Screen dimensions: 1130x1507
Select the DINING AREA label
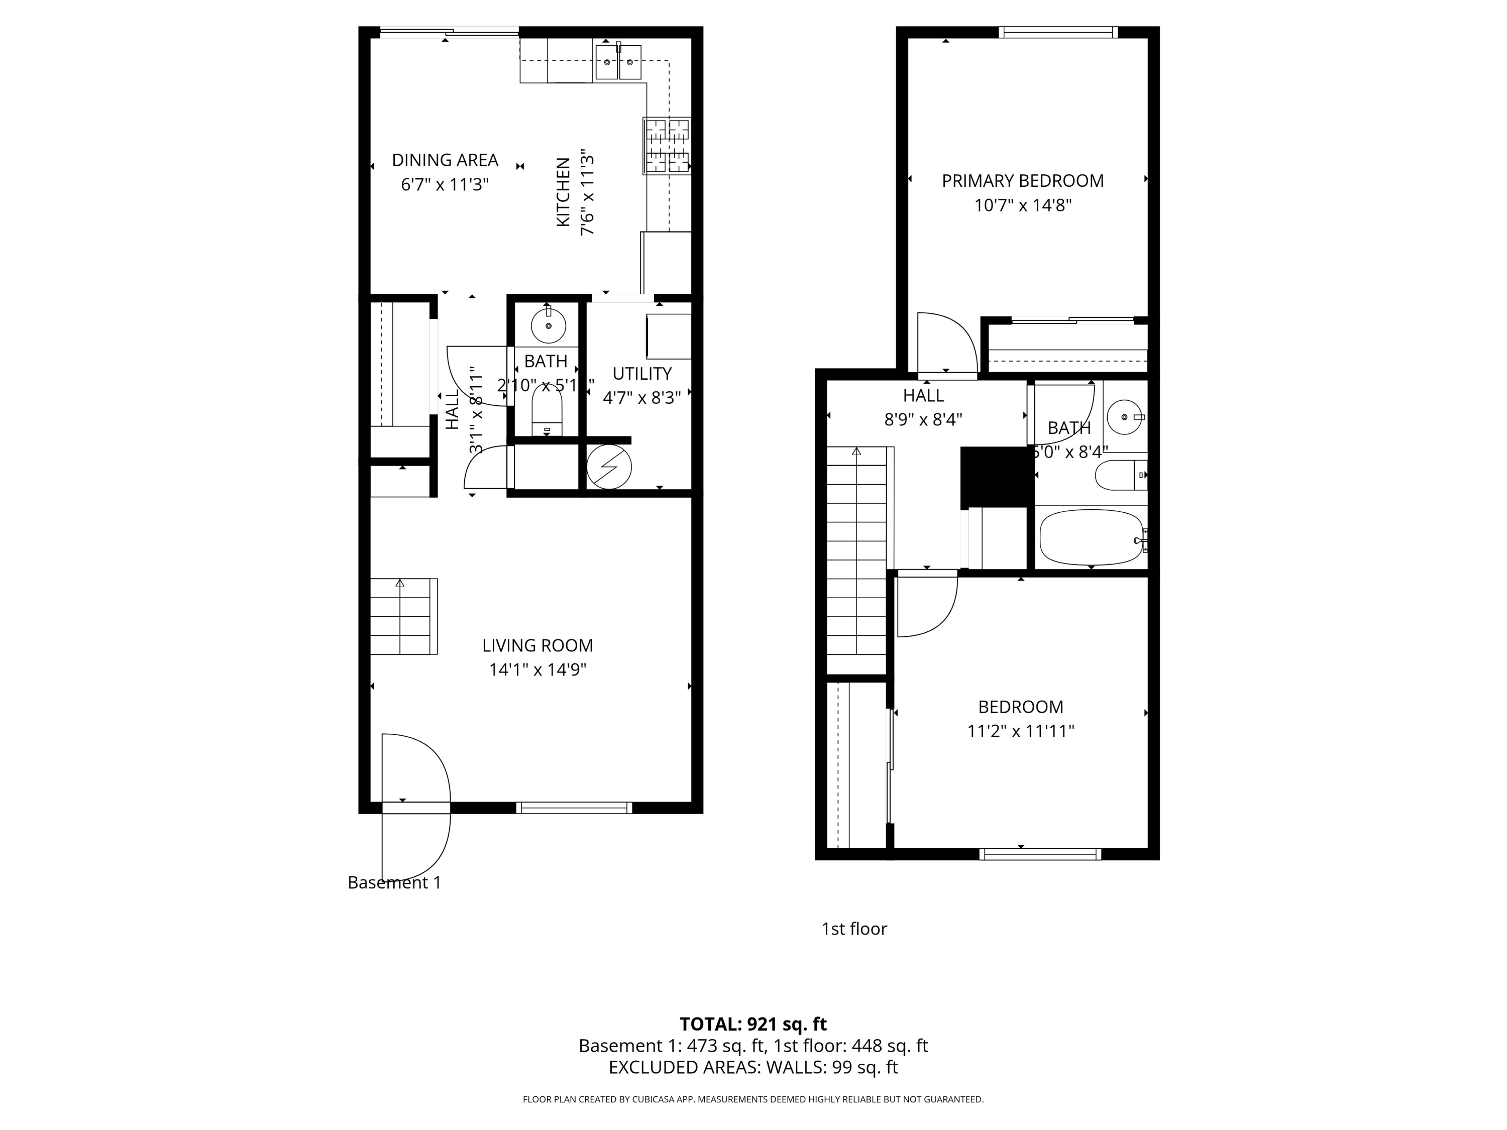[445, 160]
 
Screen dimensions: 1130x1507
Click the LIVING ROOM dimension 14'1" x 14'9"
[537, 669]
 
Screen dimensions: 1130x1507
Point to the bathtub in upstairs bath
[1091, 537]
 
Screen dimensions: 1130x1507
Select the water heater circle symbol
[609, 467]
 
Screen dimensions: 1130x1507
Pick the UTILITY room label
[642, 373]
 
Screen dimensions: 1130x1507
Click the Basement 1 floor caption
[394, 883]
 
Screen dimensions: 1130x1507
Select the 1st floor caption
[853, 929]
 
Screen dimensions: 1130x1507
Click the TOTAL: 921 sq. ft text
[753, 1024]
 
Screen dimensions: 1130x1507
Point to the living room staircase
[403, 616]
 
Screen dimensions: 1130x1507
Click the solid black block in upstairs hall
[993, 477]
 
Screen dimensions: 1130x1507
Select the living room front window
[574, 808]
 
